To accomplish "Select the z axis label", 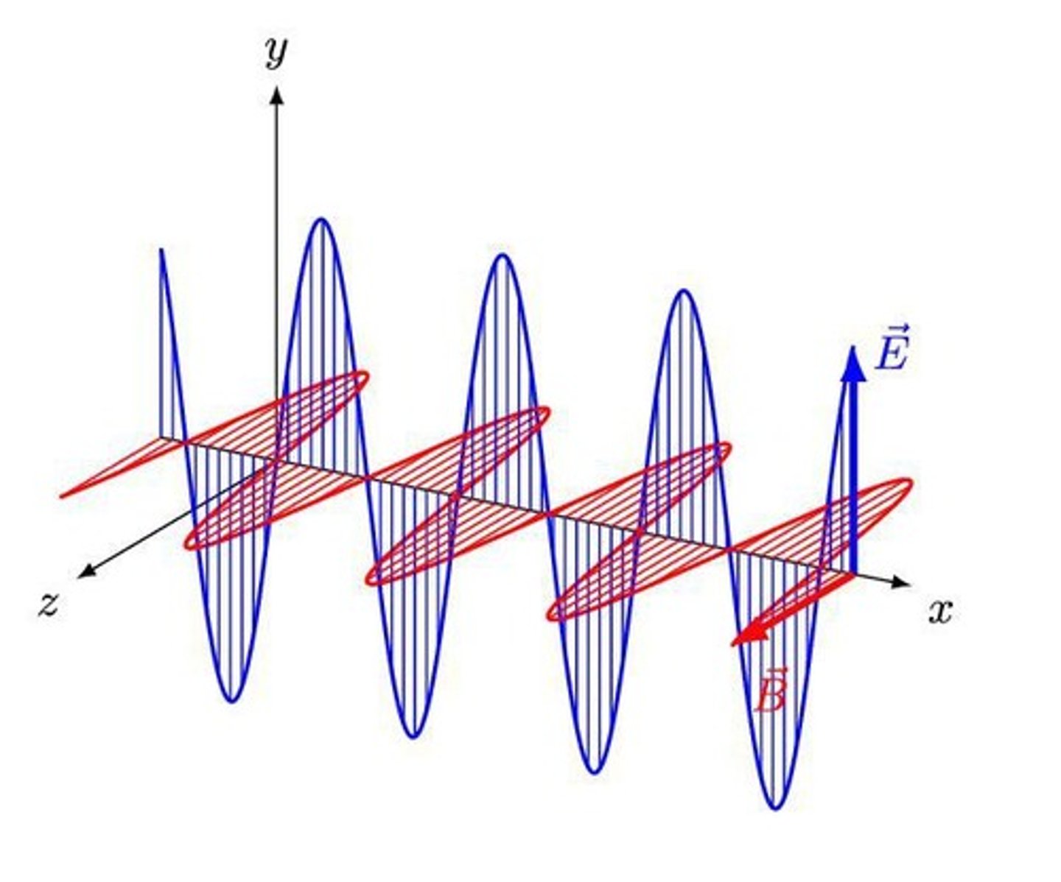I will [x=49, y=604].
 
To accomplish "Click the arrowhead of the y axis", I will [x=277, y=94].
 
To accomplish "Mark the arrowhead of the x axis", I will [x=902, y=582].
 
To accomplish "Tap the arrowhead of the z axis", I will [x=85, y=571].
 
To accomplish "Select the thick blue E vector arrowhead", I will [x=853, y=364].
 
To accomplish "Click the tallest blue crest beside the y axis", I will [x=321, y=220].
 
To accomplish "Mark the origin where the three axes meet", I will [x=277, y=460].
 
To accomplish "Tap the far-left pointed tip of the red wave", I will [x=62, y=495].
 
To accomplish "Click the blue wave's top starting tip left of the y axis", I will [x=161, y=251].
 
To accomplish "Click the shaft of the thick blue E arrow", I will [x=853, y=479].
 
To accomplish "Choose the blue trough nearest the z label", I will [x=232, y=700].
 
